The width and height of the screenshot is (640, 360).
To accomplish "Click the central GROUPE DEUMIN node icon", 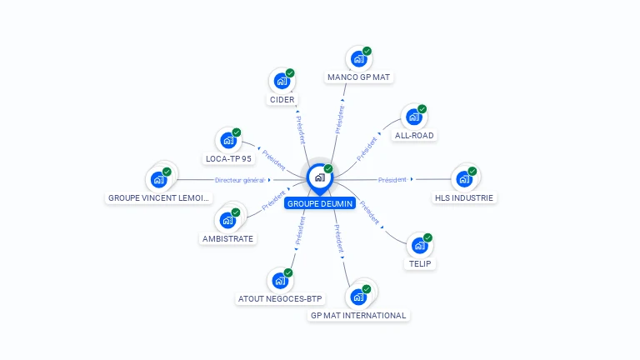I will click(x=319, y=177).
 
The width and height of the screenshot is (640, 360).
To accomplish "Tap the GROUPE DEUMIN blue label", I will click(x=320, y=203).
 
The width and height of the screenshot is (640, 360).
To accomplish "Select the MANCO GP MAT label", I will click(x=358, y=77).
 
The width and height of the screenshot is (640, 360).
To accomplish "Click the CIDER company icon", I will click(x=282, y=82).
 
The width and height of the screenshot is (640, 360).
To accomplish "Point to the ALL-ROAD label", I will click(x=414, y=135).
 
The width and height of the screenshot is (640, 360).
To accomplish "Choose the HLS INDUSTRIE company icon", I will click(x=463, y=179).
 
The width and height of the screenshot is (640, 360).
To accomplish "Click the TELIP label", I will click(x=420, y=263).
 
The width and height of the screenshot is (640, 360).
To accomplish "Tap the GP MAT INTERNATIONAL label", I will click(x=358, y=316).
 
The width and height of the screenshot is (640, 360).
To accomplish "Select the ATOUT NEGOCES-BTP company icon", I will click(x=280, y=281).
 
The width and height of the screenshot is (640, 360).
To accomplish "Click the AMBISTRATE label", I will click(x=227, y=238).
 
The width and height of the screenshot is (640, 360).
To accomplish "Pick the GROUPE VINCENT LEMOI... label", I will click(x=158, y=198).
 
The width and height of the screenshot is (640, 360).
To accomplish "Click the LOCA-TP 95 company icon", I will click(x=227, y=141).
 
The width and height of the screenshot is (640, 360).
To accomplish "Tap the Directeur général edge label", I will click(x=239, y=180).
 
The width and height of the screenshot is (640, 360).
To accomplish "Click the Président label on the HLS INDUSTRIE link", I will click(x=392, y=179).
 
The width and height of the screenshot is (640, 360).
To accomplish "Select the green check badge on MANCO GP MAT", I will click(x=367, y=51).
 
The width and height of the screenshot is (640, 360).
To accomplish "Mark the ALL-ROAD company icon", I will click(x=413, y=117).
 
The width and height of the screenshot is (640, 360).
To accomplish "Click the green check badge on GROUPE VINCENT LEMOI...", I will click(x=167, y=171).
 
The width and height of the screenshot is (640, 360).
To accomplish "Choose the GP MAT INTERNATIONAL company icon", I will click(x=358, y=297).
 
